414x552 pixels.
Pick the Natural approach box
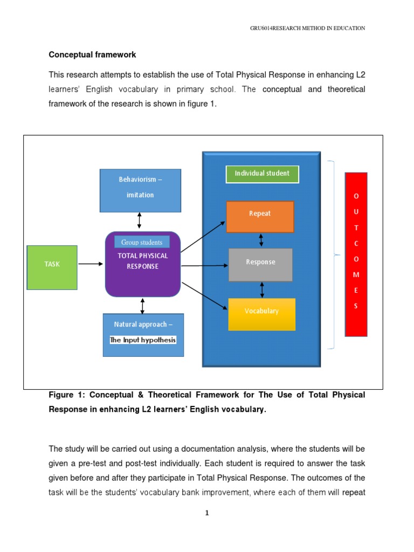coord(143,334)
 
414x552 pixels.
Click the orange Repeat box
coord(260,217)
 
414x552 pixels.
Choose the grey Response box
coord(260,265)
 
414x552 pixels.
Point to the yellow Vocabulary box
coord(261,314)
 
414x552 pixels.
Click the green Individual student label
coord(261,174)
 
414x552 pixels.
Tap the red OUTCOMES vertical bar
coord(356,254)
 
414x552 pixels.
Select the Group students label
coord(142,243)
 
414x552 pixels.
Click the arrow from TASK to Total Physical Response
coord(91,264)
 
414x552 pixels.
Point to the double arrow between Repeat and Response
coord(261,240)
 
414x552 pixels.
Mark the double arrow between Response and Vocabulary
coord(263,289)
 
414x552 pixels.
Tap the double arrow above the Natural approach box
coord(142,306)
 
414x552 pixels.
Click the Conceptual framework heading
coord(92,55)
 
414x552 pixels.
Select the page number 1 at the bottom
coord(206,513)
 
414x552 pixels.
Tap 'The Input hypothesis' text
coord(143,340)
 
